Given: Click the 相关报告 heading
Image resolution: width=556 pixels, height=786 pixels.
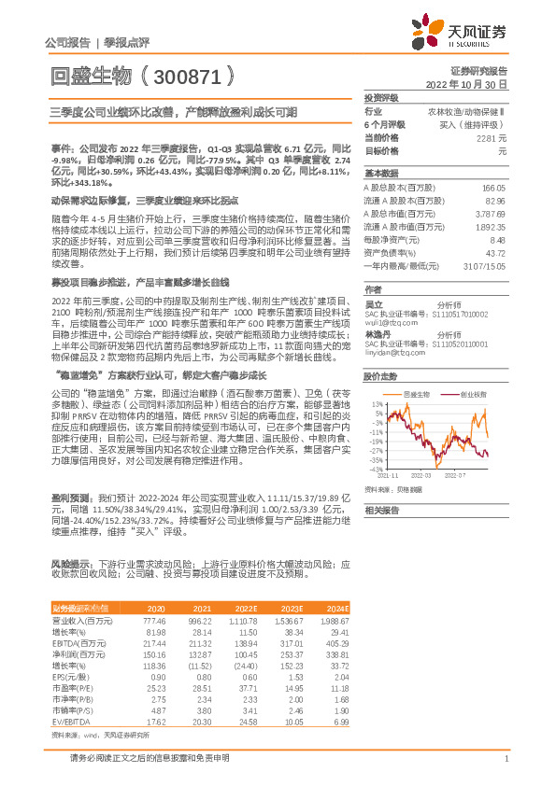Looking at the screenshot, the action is [381, 511].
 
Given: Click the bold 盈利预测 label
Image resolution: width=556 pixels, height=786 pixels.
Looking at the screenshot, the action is [69, 499].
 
